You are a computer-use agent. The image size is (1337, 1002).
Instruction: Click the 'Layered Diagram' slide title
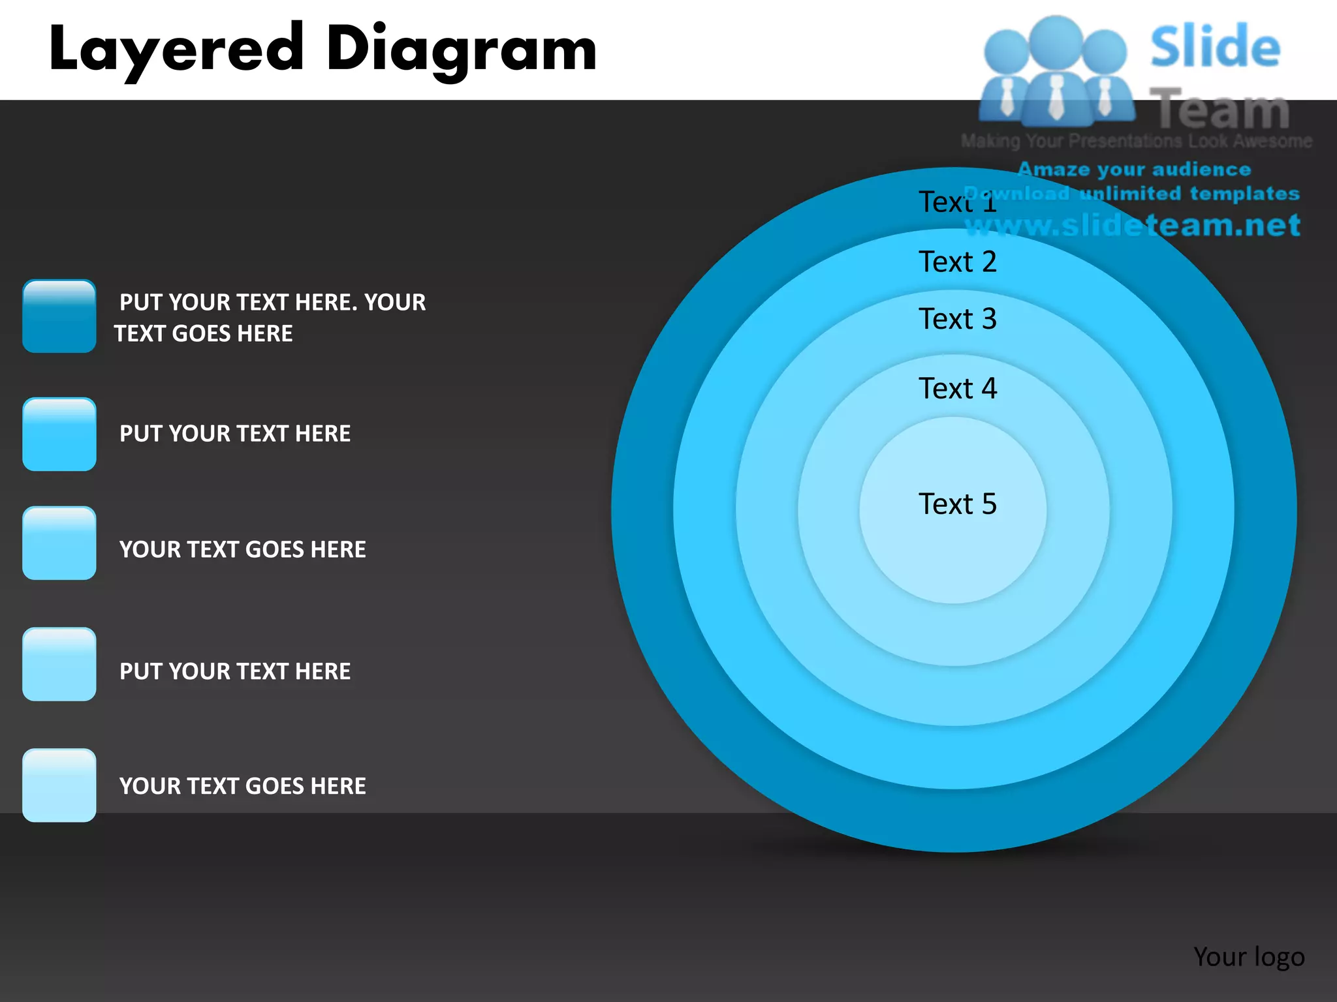coord(322,50)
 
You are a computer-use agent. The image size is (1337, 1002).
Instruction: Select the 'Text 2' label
coord(958,262)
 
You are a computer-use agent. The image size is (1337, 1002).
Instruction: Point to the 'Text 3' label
coord(958,319)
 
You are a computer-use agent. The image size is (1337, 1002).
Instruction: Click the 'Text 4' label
coord(958,389)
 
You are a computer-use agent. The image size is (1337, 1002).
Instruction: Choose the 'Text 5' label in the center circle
coord(958,504)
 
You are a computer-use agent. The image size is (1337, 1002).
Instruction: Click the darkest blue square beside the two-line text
coord(59,316)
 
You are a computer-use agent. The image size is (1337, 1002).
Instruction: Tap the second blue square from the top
coord(59,434)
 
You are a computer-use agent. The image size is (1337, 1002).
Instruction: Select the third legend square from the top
coord(59,543)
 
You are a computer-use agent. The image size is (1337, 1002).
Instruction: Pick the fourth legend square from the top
coord(59,664)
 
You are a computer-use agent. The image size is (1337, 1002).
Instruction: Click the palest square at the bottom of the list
coord(59,785)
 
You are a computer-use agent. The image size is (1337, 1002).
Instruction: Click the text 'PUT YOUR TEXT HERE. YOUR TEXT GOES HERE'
coord(270,318)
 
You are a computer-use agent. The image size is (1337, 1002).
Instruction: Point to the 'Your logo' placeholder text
coord(1249,957)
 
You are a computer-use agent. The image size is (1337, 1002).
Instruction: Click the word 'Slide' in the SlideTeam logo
coord(1215,47)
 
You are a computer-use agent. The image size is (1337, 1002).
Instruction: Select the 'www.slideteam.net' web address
coord(1133,226)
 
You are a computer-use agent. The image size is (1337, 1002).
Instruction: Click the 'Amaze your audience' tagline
coord(1134,170)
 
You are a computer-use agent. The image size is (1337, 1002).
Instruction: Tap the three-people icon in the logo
coord(1056,72)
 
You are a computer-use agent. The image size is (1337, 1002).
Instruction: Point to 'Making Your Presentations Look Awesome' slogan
coord(1136,141)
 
